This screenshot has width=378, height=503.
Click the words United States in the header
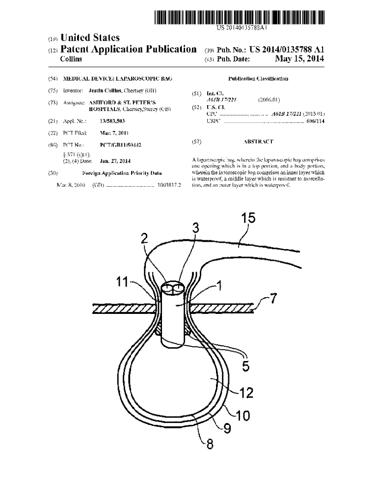tap(90, 38)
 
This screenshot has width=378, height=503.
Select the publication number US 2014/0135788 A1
tap(287, 49)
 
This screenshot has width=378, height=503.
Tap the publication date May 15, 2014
tap(299, 59)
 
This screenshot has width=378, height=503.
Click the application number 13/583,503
tap(112, 120)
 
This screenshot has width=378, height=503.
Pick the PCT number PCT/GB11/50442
tap(120, 145)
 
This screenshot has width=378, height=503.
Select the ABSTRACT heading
tap(258, 141)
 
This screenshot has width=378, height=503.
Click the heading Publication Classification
tap(258, 79)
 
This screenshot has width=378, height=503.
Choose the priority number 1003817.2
tap(169, 185)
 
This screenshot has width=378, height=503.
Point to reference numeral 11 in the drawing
tap(122, 282)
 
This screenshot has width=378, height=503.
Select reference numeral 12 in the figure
tap(246, 392)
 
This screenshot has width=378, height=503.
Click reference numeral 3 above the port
tap(195, 227)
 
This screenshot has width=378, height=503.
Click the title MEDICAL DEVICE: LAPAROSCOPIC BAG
tap(117, 79)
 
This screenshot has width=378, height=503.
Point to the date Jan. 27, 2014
tap(115, 161)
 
